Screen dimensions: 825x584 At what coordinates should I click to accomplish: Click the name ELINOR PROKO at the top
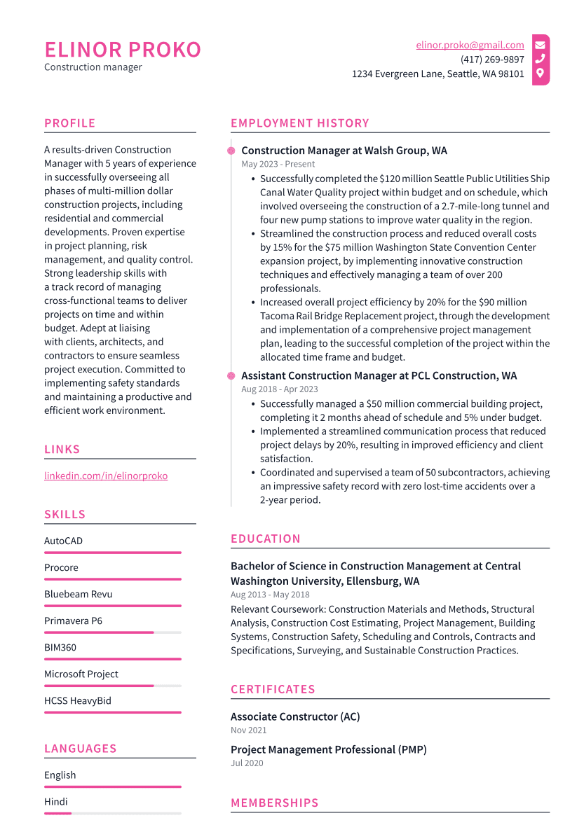(123, 50)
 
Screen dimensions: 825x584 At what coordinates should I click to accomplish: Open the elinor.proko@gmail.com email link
(470, 45)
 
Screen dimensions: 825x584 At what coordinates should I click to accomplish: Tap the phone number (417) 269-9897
(492, 60)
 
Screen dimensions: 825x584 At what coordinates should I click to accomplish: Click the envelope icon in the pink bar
(540, 45)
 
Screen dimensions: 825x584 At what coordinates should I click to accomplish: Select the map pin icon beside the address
(540, 73)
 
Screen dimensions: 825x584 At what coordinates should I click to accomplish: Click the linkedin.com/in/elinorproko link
(106, 476)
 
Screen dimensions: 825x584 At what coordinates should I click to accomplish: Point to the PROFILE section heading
(69, 123)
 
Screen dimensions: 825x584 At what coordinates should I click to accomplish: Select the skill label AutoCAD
(63, 541)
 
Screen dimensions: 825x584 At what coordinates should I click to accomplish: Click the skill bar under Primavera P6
(112, 632)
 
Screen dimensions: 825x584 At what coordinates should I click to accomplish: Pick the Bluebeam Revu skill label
(78, 594)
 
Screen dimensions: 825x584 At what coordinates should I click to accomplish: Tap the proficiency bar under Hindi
(112, 813)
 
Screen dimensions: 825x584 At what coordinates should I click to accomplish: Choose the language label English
(60, 775)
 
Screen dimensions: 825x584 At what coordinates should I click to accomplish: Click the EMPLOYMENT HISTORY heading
(299, 123)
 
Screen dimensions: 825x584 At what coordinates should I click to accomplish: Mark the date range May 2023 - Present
(278, 164)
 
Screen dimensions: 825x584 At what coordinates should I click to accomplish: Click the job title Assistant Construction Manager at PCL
(379, 375)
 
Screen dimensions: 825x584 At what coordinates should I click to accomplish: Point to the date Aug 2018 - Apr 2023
(279, 389)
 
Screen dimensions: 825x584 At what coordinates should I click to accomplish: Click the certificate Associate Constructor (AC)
(295, 716)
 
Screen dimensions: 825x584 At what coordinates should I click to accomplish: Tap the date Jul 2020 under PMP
(247, 763)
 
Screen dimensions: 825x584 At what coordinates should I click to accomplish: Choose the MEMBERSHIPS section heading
(274, 803)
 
